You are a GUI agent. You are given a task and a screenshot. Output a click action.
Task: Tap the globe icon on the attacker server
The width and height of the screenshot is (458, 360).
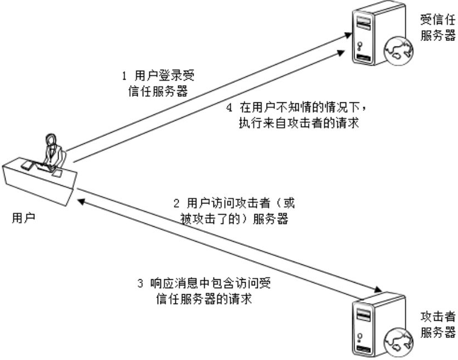tap(399, 341)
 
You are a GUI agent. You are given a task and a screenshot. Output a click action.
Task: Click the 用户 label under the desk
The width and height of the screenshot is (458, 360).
tap(23, 217)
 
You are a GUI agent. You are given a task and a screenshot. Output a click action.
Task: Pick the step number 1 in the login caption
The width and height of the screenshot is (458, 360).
tap(124, 75)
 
